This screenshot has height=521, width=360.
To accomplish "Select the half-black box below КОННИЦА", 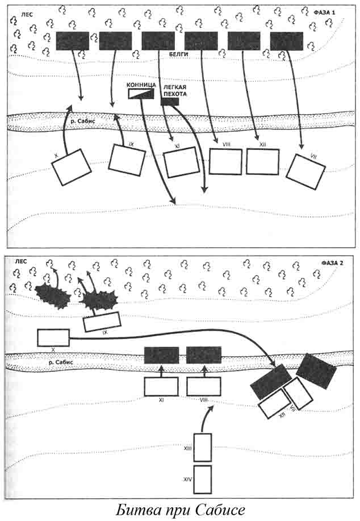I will click(x=141, y=94).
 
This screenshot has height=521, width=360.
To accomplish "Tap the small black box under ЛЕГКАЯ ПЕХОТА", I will click(x=170, y=102).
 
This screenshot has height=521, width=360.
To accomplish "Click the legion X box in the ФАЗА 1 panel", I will click(x=72, y=167).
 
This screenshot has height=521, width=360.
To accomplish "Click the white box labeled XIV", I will click(x=203, y=480).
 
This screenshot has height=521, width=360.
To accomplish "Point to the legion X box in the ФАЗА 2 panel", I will click(x=53, y=337).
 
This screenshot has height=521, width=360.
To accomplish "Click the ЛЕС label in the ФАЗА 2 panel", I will click(x=18, y=262).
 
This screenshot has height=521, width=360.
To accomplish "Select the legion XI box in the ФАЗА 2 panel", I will click(x=161, y=387).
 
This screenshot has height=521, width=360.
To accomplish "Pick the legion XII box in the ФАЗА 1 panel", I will click(x=263, y=161).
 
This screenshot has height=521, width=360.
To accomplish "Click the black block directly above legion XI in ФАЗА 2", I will click(x=161, y=355).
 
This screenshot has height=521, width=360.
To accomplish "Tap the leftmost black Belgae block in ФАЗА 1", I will click(x=73, y=40).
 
